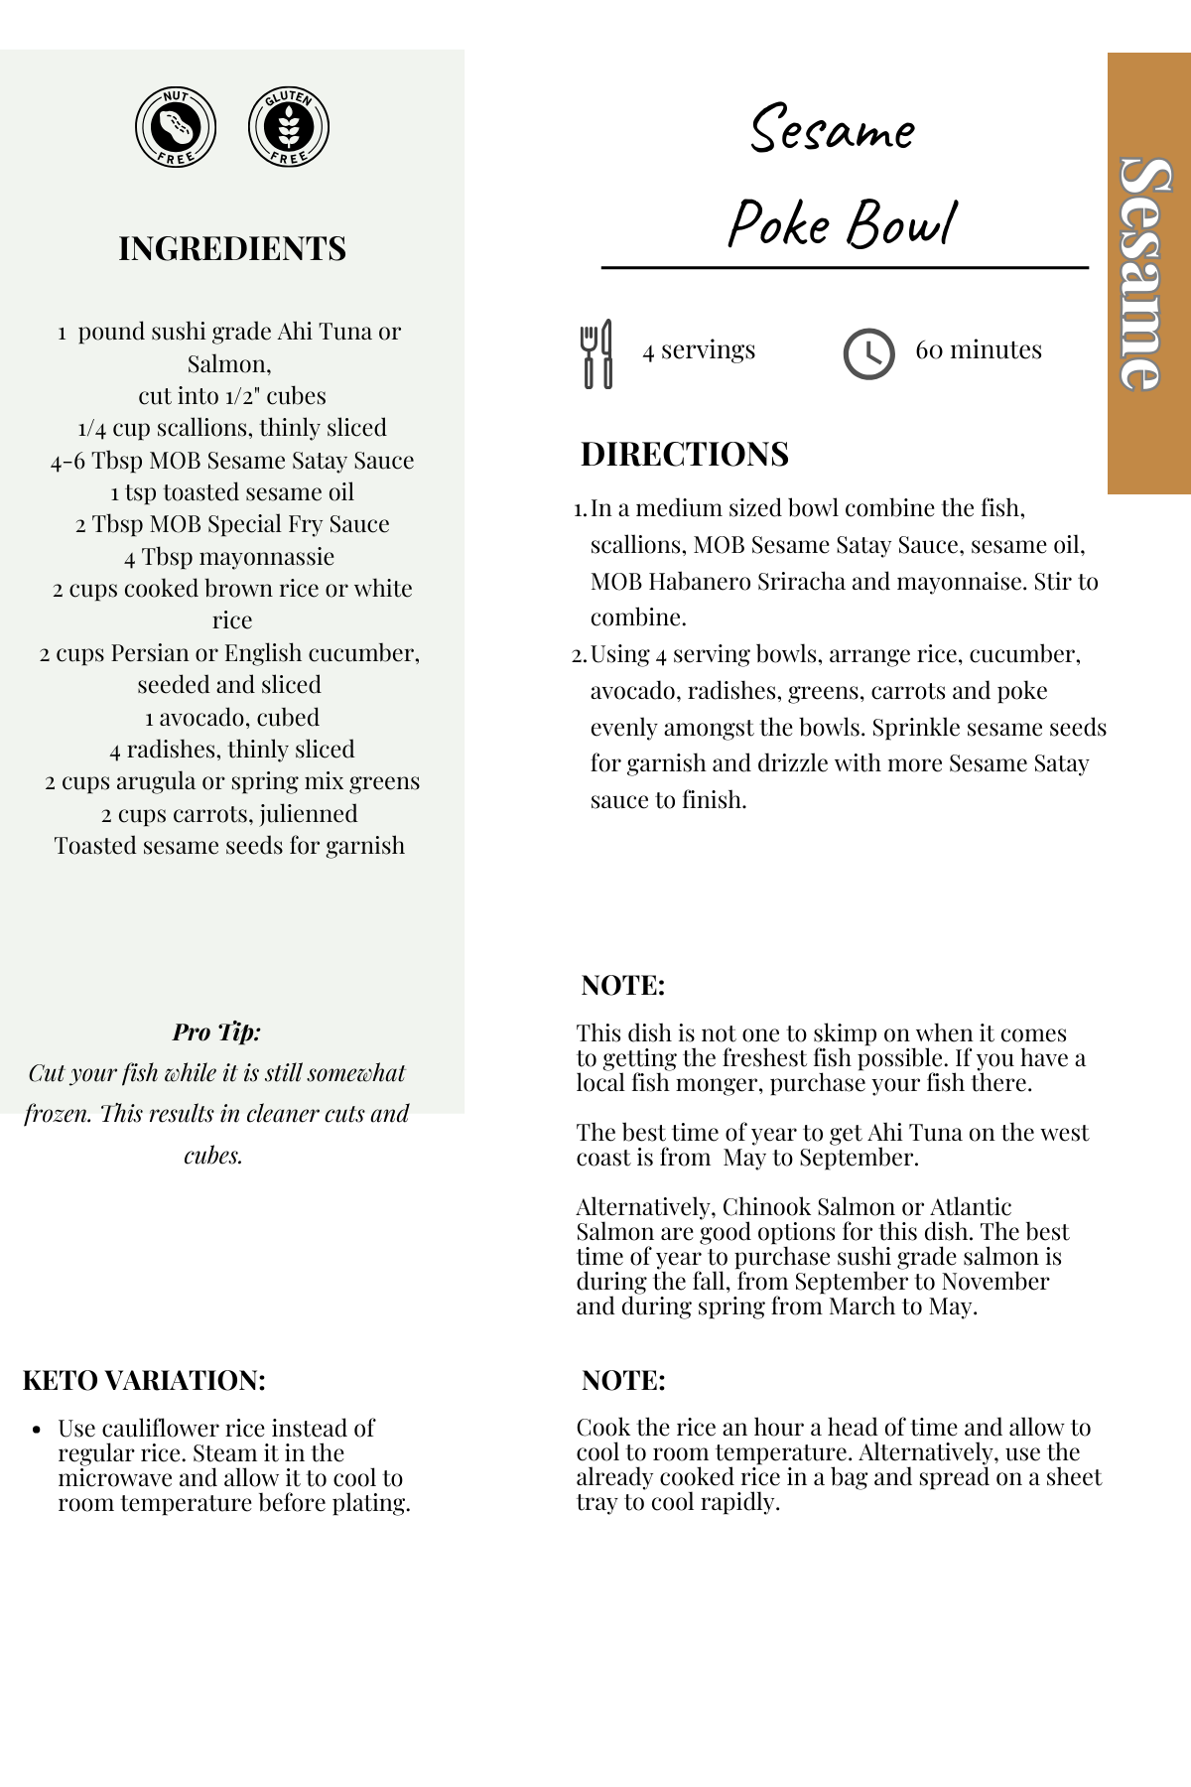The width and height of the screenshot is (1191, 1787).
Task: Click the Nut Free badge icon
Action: (x=176, y=127)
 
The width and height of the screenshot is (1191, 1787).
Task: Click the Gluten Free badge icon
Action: (x=289, y=127)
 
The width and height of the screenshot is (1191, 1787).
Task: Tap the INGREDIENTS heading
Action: (x=232, y=248)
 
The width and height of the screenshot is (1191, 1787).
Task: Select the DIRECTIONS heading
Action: (x=685, y=455)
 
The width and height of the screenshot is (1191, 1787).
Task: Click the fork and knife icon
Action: (x=596, y=353)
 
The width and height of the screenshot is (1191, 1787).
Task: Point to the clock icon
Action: (x=868, y=353)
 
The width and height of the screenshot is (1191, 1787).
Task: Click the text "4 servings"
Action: (x=699, y=349)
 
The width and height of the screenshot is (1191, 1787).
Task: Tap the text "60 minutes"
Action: (x=979, y=349)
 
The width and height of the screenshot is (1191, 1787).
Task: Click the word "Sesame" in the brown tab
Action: (x=1147, y=273)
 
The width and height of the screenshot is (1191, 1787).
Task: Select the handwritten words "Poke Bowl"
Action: (x=843, y=223)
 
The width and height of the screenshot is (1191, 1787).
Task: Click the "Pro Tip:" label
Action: (x=216, y=1031)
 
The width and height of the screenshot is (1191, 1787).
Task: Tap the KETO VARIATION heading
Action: (x=144, y=1381)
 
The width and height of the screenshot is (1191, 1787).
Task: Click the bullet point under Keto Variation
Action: (x=37, y=1431)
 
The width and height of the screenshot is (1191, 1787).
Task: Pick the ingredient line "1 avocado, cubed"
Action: (x=232, y=717)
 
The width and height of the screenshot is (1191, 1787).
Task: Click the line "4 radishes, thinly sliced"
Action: (x=232, y=750)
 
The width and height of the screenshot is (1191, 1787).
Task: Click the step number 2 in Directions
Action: (x=580, y=655)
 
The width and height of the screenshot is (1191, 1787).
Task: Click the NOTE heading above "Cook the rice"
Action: (x=623, y=1381)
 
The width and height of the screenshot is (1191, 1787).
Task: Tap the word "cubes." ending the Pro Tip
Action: (x=213, y=1156)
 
